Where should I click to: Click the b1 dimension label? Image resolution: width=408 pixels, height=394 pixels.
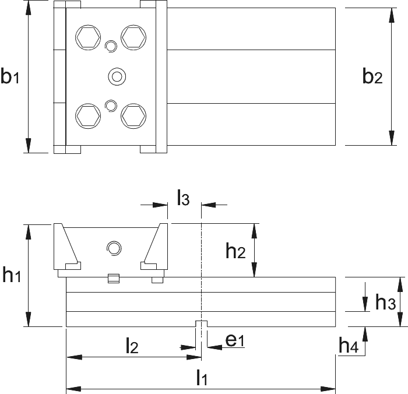pyautogui.click(x=10, y=75)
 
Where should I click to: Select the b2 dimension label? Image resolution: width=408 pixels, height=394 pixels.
pyautogui.click(x=372, y=75)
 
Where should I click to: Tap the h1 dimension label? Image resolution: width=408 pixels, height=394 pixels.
pyautogui.click(x=12, y=275)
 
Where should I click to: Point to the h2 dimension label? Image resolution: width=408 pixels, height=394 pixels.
pyautogui.click(x=235, y=251)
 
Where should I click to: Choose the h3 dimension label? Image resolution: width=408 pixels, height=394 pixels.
pyautogui.click(x=385, y=302)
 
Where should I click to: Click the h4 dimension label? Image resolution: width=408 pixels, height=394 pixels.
pyautogui.click(x=349, y=344)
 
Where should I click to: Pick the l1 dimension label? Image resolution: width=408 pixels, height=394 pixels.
pyautogui.click(x=202, y=377)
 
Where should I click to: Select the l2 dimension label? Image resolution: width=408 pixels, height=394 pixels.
pyautogui.click(x=132, y=345)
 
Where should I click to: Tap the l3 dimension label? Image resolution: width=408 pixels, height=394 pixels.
pyautogui.click(x=183, y=198)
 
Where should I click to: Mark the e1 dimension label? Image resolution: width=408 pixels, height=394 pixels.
pyautogui.click(x=235, y=340)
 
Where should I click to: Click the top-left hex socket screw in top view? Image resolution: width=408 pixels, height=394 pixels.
pyautogui.click(x=88, y=37)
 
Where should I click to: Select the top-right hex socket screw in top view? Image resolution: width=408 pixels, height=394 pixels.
pyautogui.click(x=133, y=37)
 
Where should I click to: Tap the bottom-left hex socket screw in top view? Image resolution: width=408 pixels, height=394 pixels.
pyautogui.click(x=88, y=116)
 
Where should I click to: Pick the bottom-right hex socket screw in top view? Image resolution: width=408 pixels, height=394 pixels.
pyautogui.click(x=133, y=116)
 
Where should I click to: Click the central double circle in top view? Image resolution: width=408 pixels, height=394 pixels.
pyautogui.click(x=117, y=76)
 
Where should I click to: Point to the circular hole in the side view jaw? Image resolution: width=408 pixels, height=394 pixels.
pyautogui.click(x=114, y=248)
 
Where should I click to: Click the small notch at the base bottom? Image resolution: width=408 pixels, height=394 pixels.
pyautogui.click(x=202, y=323)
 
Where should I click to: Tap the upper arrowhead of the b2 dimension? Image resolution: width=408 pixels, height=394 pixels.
pyautogui.click(x=391, y=15)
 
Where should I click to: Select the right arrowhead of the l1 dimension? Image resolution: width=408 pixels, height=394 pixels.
pyautogui.click(x=328, y=389)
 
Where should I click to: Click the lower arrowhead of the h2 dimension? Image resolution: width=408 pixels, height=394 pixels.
pyautogui.click(x=254, y=270)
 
